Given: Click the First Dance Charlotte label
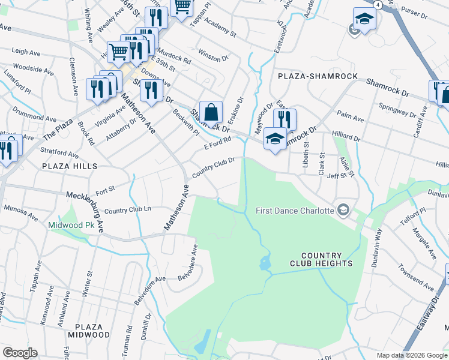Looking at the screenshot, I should pos(294,211).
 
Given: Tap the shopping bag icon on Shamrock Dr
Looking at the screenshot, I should pos(211,112).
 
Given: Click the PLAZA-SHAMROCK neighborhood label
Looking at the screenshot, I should pos(318,76).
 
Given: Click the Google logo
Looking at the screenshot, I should pos(20,353).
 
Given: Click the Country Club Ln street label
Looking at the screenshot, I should pos(128,210).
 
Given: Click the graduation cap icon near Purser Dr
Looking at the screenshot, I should pos(364,20).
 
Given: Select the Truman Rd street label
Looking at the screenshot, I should pos(129,340).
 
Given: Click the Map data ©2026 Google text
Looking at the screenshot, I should pos(412,355).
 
